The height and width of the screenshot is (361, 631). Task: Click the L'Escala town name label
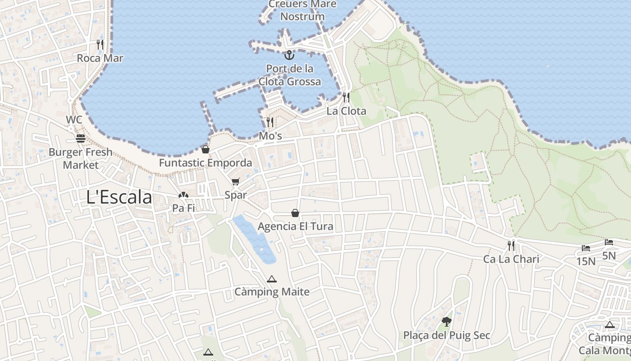click(x=119, y=198)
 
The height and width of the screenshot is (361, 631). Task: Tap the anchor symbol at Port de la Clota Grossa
click(x=289, y=55)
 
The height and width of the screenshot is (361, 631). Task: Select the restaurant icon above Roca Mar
click(x=100, y=44)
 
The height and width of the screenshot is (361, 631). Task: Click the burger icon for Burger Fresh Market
click(x=81, y=138)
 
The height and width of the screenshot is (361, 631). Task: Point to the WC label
click(x=74, y=120)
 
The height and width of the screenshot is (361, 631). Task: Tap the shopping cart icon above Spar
click(x=235, y=182)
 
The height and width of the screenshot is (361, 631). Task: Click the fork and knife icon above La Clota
click(x=346, y=97)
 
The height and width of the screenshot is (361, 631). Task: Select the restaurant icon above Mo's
click(x=270, y=122)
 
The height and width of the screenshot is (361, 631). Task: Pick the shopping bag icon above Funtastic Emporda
click(x=206, y=149)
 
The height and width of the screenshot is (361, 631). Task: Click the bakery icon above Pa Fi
click(x=183, y=195)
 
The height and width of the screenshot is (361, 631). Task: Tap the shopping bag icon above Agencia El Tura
click(x=295, y=213)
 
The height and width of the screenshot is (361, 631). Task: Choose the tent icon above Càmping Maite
click(x=271, y=279)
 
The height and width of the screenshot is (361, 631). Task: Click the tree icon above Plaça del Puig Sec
click(x=446, y=322)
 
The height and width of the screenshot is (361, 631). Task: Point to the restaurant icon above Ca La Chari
click(x=511, y=245)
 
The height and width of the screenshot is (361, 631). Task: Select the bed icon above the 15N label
click(x=585, y=248)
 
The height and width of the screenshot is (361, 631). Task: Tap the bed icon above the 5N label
click(x=608, y=242)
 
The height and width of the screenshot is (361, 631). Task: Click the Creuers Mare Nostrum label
click(x=302, y=10)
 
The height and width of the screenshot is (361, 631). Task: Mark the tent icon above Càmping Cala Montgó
click(x=610, y=324)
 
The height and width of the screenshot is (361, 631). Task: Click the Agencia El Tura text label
click(x=295, y=226)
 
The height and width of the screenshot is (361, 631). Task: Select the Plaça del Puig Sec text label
click(x=447, y=335)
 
